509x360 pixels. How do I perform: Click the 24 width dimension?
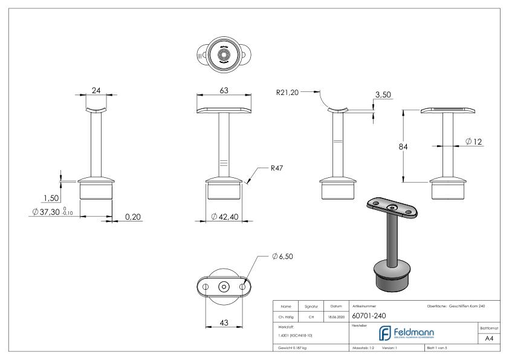click(96, 89)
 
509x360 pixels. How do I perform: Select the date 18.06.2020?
click(336, 316)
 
